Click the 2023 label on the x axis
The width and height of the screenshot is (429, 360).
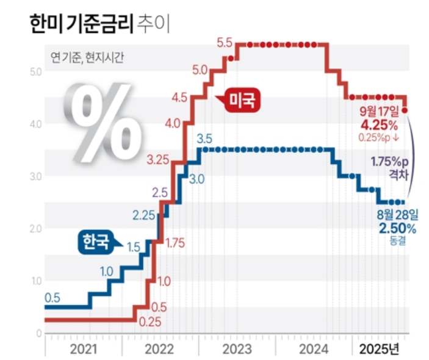pyautogui.click(x=237, y=349)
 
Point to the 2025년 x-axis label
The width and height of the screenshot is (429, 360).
pyautogui.click(x=379, y=349)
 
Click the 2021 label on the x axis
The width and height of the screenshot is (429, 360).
pyautogui.click(x=83, y=349)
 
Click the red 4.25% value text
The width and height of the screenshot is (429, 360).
pyautogui.click(x=380, y=124)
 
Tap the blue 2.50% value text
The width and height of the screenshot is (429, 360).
pyautogui.click(x=397, y=228)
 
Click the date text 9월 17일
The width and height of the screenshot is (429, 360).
pyautogui.click(x=379, y=112)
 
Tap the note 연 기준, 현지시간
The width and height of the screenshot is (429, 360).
pyautogui.click(x=79, y=57)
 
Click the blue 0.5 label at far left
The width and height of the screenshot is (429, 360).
pyautogui.click(x=52, y=298)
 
